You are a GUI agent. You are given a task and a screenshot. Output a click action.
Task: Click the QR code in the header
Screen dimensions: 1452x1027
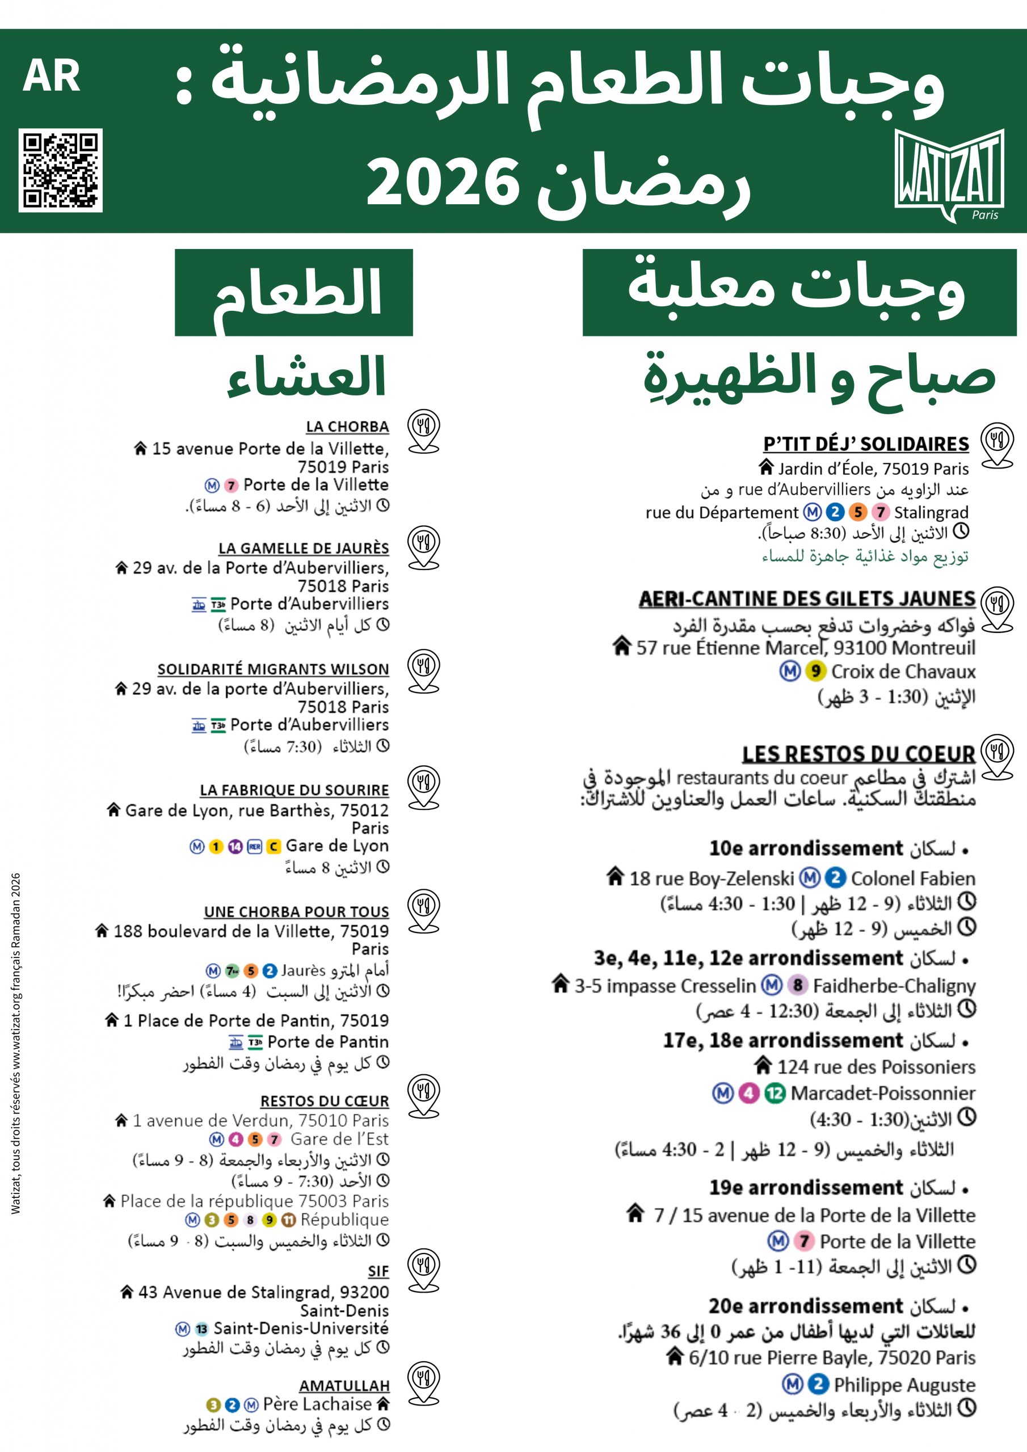point(60,170)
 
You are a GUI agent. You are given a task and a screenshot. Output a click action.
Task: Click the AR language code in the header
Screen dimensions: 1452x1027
point(51,77)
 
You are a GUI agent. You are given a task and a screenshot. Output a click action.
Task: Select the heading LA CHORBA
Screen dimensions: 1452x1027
point(347,427)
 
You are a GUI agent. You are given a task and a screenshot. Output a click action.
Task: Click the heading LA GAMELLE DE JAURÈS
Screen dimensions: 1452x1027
point(304,548)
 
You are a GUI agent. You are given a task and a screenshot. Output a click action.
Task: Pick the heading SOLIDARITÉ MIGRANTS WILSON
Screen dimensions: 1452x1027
point(273,669)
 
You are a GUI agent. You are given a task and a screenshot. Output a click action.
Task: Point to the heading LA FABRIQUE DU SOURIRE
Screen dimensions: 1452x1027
point(294,790)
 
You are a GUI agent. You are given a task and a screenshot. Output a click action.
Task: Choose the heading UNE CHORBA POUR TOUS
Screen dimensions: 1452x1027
point(296,911)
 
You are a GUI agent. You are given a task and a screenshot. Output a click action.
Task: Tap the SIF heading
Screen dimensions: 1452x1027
point(378,1272)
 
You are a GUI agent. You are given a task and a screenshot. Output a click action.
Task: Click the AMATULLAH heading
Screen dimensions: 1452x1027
point(344,1386)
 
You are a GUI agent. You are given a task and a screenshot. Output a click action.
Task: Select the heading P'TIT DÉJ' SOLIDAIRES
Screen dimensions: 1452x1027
point(866,444)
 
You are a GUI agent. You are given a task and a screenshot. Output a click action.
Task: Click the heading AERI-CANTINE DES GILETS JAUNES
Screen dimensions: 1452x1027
point(807,598)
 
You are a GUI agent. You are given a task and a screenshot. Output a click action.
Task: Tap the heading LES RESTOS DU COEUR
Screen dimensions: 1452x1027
point(858,754)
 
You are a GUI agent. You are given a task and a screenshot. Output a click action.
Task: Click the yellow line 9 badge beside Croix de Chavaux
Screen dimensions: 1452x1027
point(816,671)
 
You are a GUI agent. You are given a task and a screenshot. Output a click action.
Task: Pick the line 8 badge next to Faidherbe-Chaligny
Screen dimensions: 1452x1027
point(798,985)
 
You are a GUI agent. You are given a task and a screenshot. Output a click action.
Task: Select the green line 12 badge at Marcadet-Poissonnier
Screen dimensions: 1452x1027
point(775,1093)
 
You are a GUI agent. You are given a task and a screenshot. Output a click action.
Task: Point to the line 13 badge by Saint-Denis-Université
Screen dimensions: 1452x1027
point(201,1329)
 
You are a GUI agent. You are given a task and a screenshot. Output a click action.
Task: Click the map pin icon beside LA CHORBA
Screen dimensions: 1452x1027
point(423,430)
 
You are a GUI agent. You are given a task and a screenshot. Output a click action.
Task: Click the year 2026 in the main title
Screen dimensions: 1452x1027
point(443,183)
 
